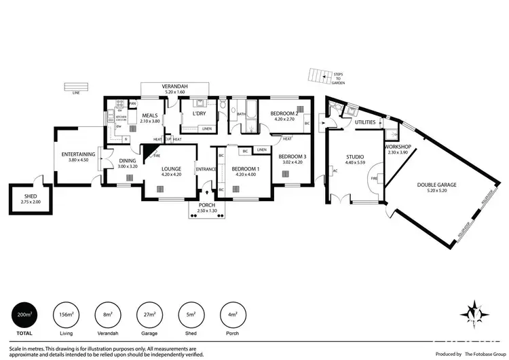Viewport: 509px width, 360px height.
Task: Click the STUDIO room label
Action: click(355, 157)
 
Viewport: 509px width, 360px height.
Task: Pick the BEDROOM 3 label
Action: click(293, 157)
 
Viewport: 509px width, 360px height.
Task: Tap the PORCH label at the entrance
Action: click(207, 205)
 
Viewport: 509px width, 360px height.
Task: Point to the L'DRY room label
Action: click(199, 114)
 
